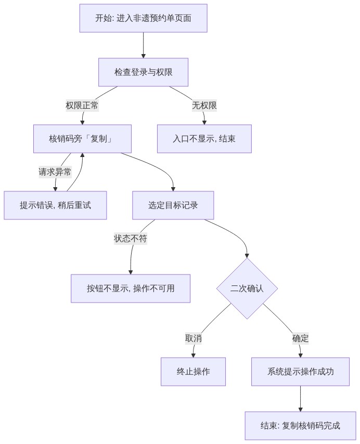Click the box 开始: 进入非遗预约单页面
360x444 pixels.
point(143,18)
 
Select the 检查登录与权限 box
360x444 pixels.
point(143,72)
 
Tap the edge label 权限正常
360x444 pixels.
point(82,106)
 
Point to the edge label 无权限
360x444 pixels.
point(204,106)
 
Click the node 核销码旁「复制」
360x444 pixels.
point(82,139)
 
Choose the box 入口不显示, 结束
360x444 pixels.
point(204,139)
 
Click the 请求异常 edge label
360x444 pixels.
point(55,172)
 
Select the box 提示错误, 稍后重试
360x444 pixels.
point(55,205)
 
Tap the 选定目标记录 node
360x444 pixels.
point(173,205)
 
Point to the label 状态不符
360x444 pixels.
point(131,239)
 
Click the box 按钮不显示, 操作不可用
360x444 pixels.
point(131,288)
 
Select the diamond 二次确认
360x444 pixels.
point(247,289)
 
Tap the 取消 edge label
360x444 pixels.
point(194,338)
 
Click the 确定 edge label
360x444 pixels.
point(301,338)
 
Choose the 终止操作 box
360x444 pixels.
point(194,372)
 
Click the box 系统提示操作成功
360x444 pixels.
point(301,372)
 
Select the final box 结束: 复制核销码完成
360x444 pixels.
point(301,426)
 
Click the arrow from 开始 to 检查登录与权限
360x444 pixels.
point(143,45)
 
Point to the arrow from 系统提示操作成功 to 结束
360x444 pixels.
point(301,399)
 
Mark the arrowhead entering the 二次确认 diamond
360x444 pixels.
point(247,256)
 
